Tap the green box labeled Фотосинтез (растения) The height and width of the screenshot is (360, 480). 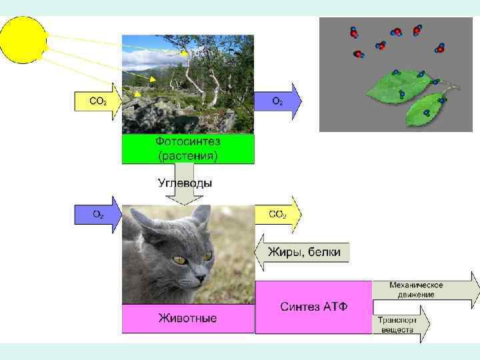tap(188, 149)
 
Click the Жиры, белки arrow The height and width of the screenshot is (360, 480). tap(304, 252)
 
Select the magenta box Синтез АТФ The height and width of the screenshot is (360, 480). tap(313, 307)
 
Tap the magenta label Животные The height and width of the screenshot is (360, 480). tap(187, 318)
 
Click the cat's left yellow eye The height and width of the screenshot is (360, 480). tap(178, 259)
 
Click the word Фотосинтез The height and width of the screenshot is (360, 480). tap(188, 142)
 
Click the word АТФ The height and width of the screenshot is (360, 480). tap(336, 307)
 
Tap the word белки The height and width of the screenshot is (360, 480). tap(324, 252)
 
